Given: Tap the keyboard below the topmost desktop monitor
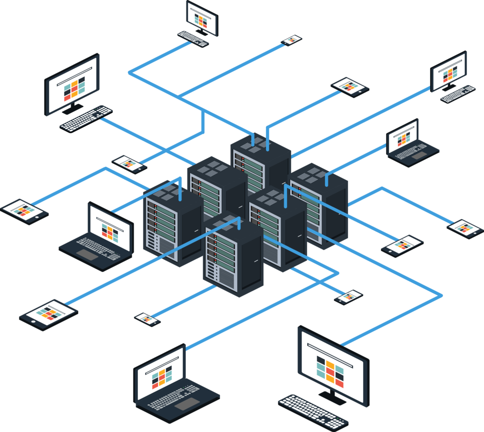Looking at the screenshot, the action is pos(193,39).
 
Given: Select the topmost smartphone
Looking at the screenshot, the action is pos(292,40).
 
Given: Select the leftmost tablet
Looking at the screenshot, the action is pos(24,211).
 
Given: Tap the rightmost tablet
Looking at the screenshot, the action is pos(465,228).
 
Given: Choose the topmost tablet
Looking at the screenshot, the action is pos(349,87).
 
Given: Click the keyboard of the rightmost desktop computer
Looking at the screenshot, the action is pos(457,94).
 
